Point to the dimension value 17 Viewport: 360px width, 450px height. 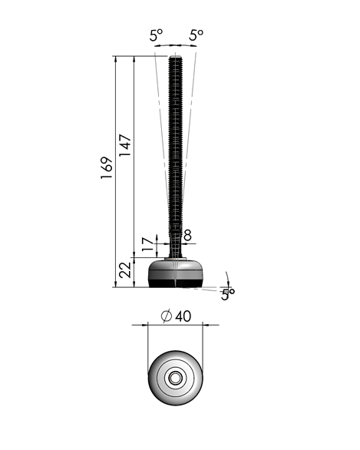[x=147, y=246]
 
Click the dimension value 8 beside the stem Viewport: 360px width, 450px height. [x=187, y=236]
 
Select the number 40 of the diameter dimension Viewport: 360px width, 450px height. [x=183, y=316]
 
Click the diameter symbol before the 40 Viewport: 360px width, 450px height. [x=165, y=316]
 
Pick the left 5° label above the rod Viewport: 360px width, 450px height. [x=157, y=35]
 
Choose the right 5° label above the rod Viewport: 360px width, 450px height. [x=197, y=35]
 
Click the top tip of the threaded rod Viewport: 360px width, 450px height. [x=176, y=57]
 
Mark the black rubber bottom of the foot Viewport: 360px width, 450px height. [x=176, y=283]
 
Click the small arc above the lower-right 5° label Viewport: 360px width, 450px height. [x=227, y=277]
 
